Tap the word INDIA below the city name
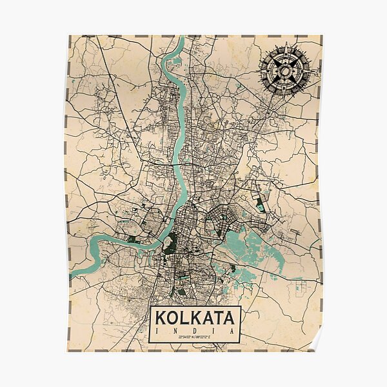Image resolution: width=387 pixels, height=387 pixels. click(x=195, y=331)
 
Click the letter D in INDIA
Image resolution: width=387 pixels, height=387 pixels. click(x=195, y=331)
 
